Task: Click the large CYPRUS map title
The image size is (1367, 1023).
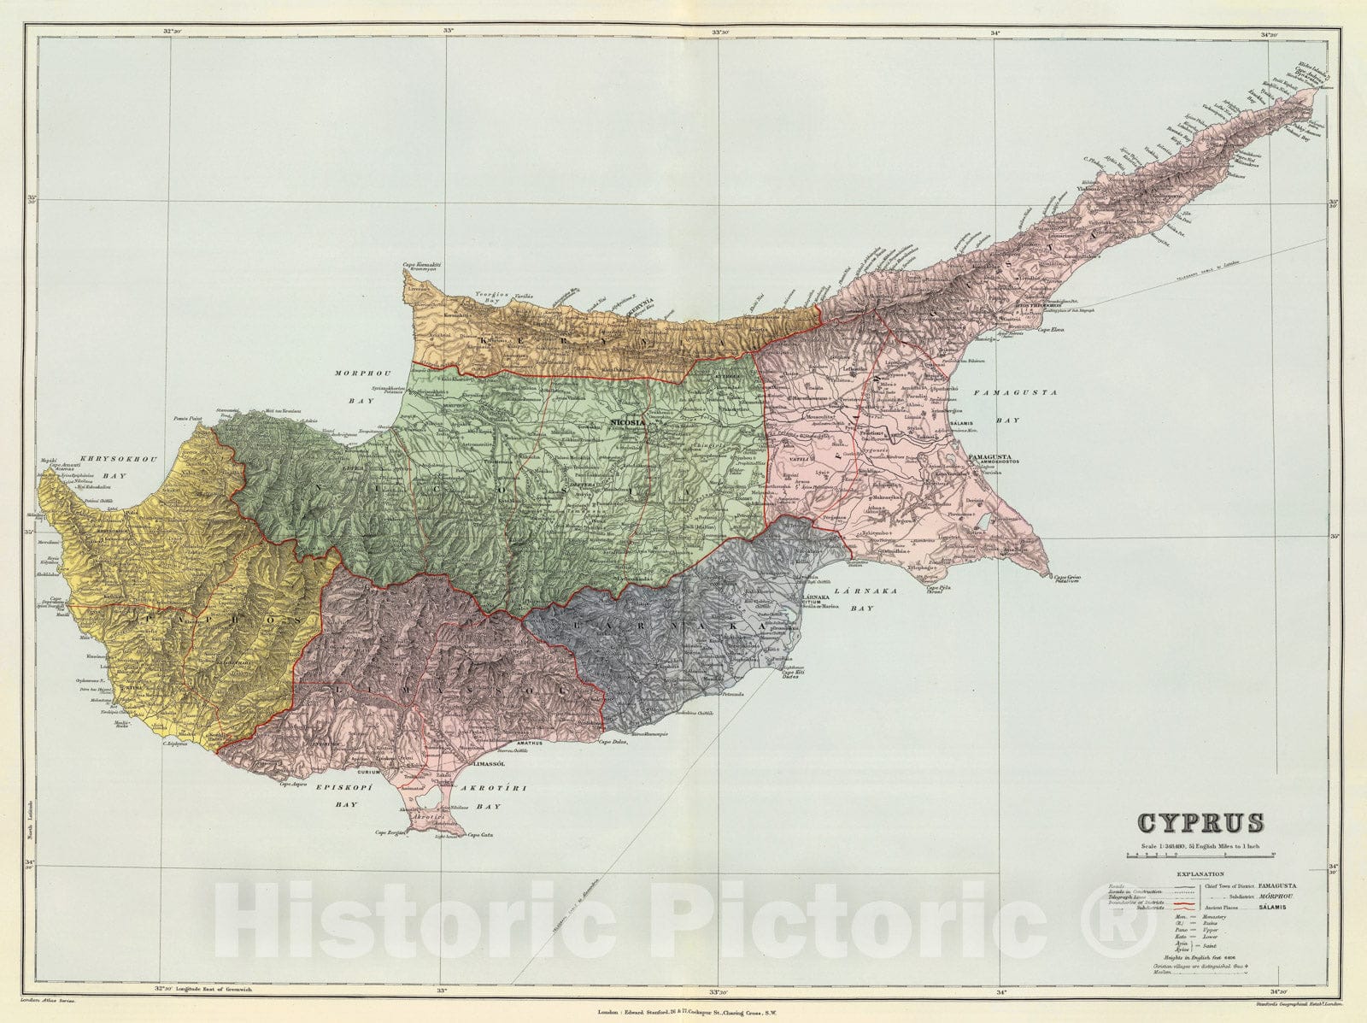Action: point(1200,823)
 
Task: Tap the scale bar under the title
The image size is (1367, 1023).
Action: point(1200,855)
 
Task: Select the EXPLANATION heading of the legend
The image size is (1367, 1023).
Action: point(1200,874)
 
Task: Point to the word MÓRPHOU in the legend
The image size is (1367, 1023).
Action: point(1279,897)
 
